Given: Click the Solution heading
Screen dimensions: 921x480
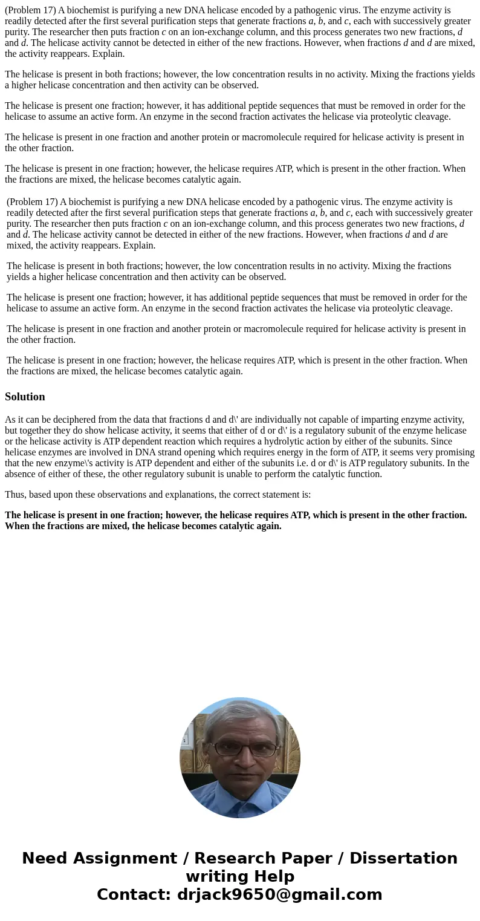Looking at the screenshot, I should tap(25, 397).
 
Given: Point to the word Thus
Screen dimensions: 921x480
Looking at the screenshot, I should tap(15, 495).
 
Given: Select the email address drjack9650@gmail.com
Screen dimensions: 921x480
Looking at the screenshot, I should tap(279, 895).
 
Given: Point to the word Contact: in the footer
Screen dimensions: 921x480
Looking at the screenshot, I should tap(134, 895).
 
